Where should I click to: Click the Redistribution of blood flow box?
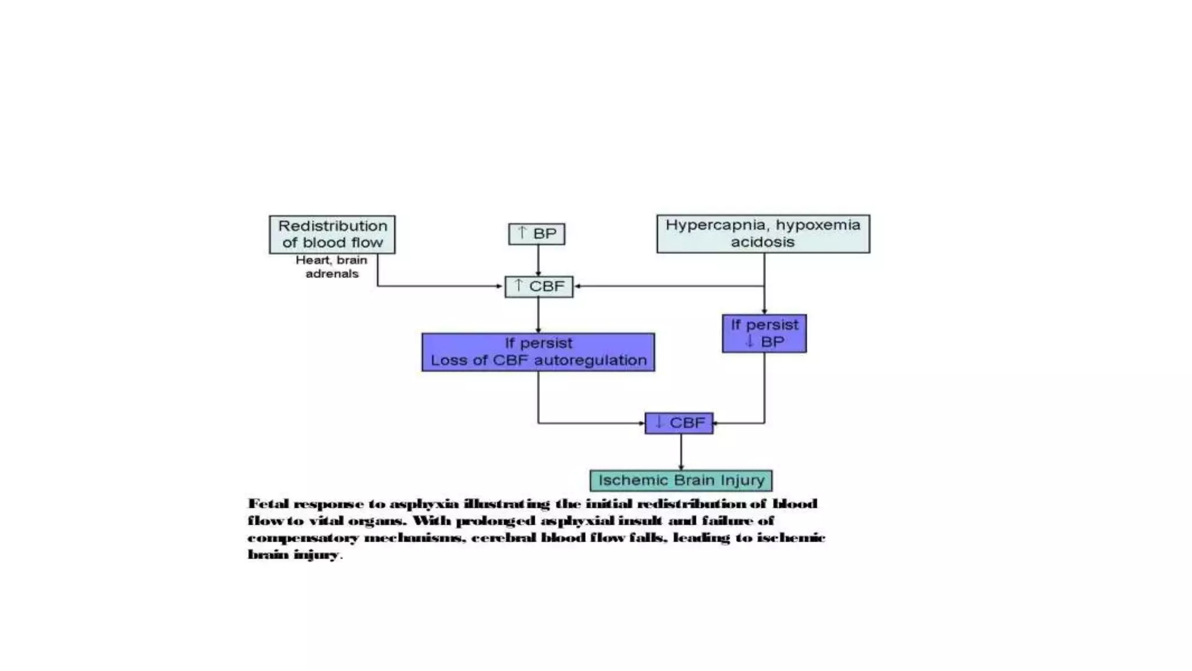point(332,234)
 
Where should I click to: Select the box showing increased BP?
point(536,234)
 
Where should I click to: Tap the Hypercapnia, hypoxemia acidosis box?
point(763,234)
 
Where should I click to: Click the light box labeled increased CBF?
point(538,287)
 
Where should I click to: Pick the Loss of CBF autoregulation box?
point(538,352)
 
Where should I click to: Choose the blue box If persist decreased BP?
point(764,333)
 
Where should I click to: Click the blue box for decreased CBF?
point(679,423)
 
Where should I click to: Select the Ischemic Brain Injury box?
point(681,481)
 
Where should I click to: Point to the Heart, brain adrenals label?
point(331,267)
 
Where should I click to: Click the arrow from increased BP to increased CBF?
point(538,260)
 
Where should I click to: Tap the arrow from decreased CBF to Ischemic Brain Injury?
point(681,452)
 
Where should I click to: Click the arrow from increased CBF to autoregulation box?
point(538,315)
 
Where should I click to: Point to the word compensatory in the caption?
point(303,538)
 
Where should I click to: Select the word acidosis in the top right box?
point(762,242)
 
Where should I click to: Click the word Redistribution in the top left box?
point(332,226)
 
